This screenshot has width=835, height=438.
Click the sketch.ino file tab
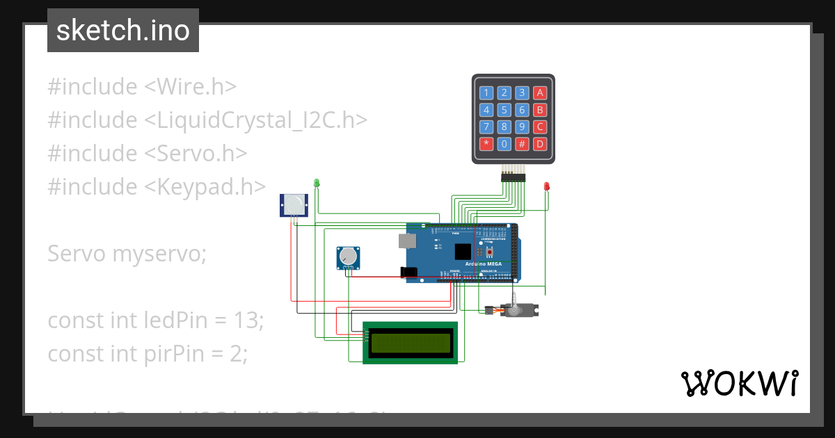[123, 31]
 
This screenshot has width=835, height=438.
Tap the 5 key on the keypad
[504, 110]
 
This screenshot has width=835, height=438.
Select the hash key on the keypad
[522, 145]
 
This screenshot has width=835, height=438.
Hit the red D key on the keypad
[539, 145]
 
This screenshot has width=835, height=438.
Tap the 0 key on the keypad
[504, 145]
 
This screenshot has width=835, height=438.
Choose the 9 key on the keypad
[522, 127]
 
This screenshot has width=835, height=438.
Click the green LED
[317, 183]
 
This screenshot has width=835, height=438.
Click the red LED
[547, 186]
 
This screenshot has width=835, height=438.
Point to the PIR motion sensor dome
[294, 204]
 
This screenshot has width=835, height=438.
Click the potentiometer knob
[349, 257]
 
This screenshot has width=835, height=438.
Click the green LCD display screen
[411, 343]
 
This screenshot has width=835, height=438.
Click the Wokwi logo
[739, 383]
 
